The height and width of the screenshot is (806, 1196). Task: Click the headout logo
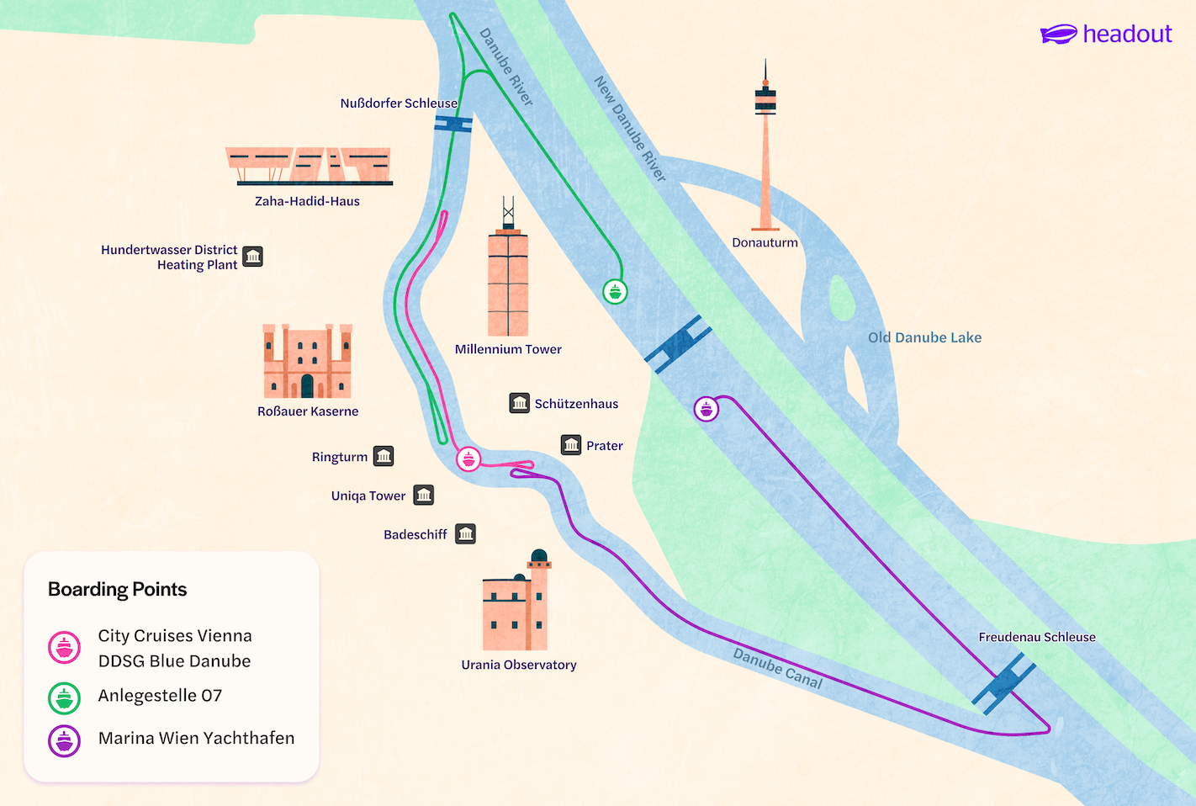tap(1105, 34)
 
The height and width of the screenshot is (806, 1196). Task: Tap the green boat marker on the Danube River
tap(615, 292)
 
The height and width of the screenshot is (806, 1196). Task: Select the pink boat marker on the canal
tap(468, 459)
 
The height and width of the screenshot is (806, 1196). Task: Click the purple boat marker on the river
tap(706, 410)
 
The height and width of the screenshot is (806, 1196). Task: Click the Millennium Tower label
tap(508, 349)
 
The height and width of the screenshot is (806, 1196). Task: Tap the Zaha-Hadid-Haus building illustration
tap(308, 166)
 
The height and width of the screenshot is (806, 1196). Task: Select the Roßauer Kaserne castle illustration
tap(307, 362)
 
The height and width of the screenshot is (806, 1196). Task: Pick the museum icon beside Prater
tap(571, 445)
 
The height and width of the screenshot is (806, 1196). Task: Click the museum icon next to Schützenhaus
tap(520, 404)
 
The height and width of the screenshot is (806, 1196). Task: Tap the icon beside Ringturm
tap(384, 456)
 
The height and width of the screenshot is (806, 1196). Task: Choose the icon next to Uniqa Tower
tap(424, 495)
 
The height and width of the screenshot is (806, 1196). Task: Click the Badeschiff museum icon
tap(466, 533)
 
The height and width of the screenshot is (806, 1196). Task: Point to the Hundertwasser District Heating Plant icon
tap(252, 257)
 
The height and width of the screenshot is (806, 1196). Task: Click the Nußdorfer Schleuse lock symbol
tap(453, 124)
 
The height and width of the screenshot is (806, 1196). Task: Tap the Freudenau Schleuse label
tap(1036, 637)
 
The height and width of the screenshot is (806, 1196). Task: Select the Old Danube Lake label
tap(924, 337)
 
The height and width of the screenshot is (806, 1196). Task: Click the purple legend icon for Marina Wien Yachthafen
tap(65, 741)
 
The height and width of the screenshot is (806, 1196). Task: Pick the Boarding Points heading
tap(118, 589)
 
